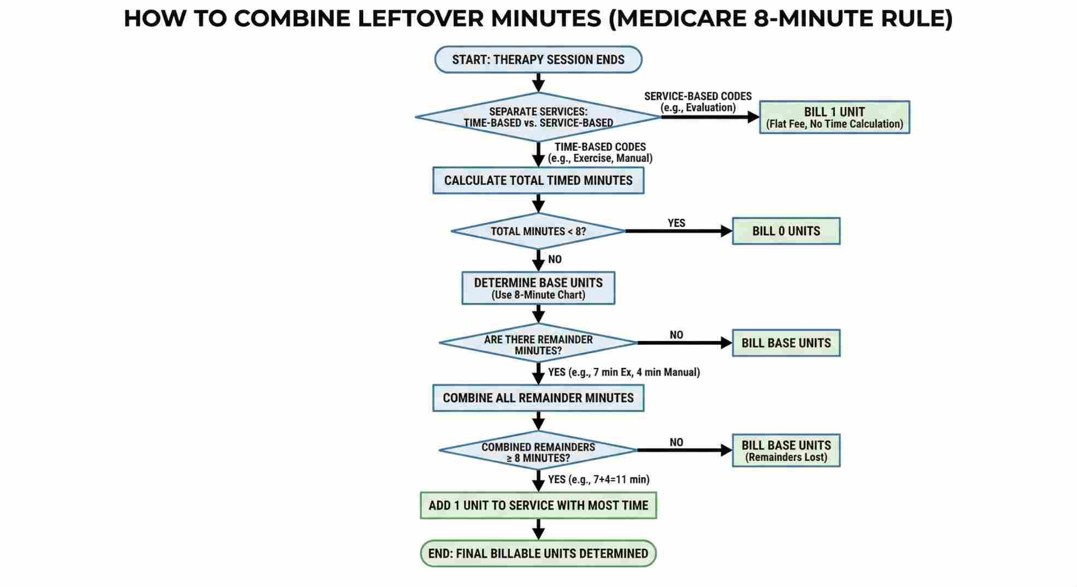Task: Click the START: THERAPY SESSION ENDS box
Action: (x=538, y=60)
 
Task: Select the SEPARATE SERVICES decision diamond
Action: (x=538, y=117)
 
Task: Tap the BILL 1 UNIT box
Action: (x=834, y=117)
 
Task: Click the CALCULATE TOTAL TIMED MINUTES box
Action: (x=538, y=180)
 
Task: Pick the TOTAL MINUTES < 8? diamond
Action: (x=538, y=231)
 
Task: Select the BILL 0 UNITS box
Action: (x=785, y=231)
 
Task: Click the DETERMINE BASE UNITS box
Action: (x=538, y=288)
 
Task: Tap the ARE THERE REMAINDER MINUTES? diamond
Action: (x=538, y=343)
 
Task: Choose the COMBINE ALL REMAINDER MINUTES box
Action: (x=538, y=398)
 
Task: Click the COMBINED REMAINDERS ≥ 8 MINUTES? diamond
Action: (x=538, y=451)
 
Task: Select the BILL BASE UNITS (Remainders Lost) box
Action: (x=785, y=450)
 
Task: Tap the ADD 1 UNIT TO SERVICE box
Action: (x=538, y=505)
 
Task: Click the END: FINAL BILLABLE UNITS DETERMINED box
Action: (x=538, y=553)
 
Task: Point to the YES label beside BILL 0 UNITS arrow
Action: (x=676, y=223)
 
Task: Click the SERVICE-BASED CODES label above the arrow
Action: (x=698, y=96)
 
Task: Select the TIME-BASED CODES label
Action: (x=600, y=147)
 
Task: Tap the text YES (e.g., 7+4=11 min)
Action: (x=598, y=479)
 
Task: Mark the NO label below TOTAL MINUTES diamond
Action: (x=555, y=259)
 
